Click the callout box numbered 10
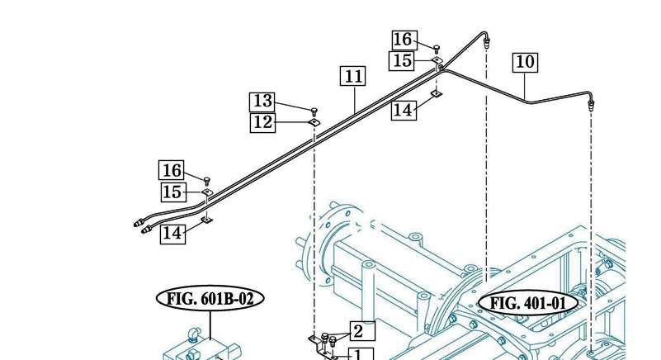tap(526, 62)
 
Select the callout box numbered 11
tap(353, 77)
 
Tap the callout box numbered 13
tap(262, 102)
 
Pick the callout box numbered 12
tap(262, 123)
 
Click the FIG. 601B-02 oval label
tap(210, 299)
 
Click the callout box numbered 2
tap(362, 331)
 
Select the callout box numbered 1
tap(361, 353)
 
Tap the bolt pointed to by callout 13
tap(314, 111)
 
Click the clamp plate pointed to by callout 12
tap(314, 122)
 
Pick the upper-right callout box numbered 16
tap(404, 40)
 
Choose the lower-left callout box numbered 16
tap(172, 170)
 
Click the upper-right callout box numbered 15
tap(402, 60)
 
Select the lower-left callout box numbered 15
tap(173, 192)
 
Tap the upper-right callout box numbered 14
tap(404, 110)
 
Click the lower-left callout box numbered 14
tap(172, 233)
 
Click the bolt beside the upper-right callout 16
tap(437, 48)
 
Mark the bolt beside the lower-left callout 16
tap(206, 182)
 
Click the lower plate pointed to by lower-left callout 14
tap(206, 220)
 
